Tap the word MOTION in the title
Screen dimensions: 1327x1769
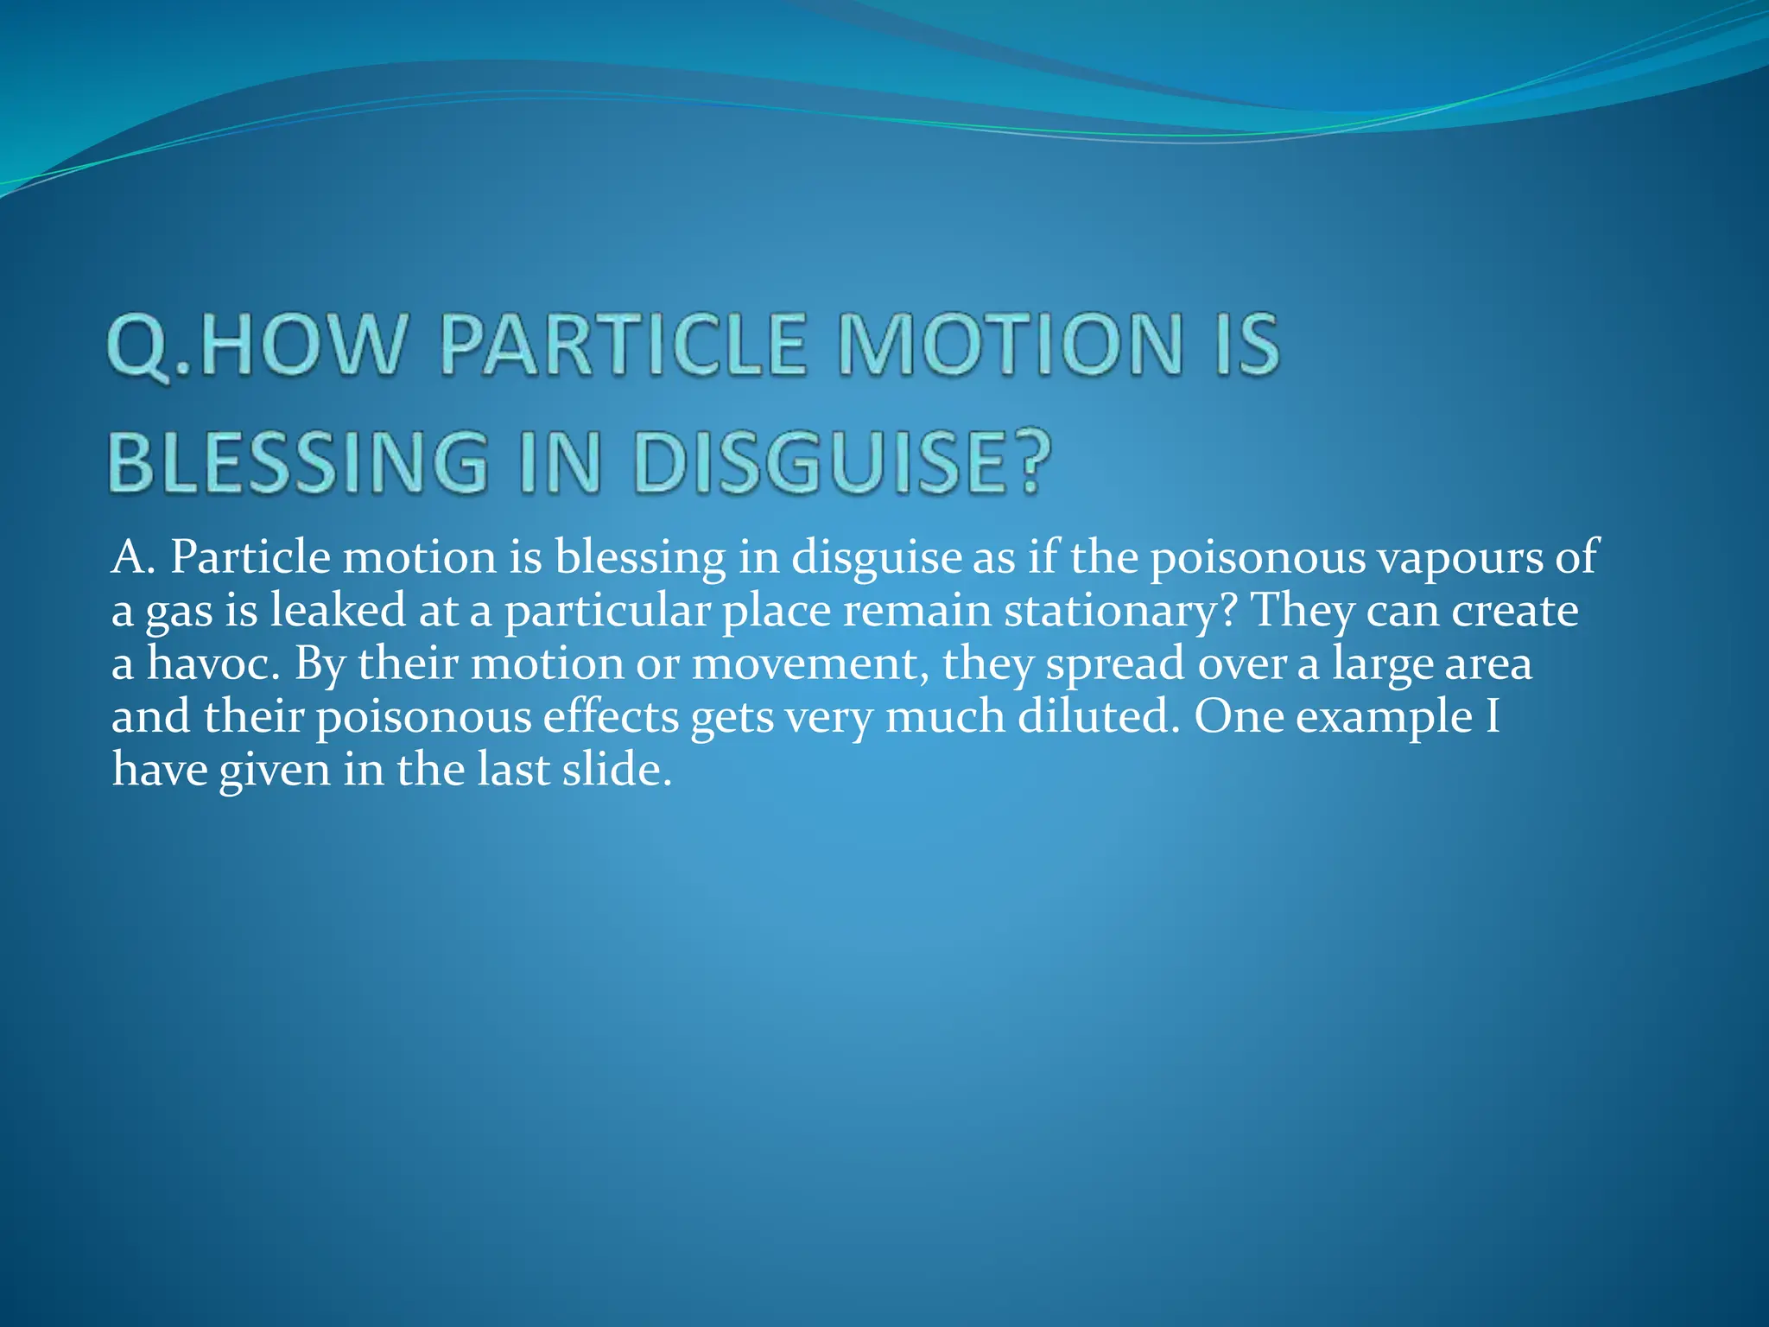[1011, 346]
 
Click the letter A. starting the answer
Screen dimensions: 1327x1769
[134, 557]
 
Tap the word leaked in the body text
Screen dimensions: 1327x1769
[338, 610]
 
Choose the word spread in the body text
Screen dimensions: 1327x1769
[1115, 665]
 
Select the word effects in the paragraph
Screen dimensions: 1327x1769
[610, 716]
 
